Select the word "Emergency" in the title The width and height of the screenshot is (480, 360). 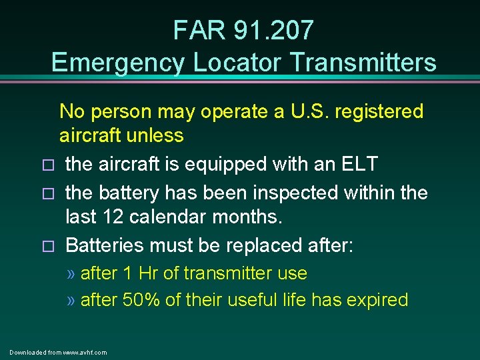click(x=118, y=62)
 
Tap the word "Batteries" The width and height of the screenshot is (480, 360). click(x=107, y=245)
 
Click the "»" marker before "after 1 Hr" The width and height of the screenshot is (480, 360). click(x=71, y=274)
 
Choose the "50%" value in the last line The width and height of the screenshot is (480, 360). click(x=141, y=300)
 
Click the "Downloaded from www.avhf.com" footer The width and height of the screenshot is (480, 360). click(x=58, y=352)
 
